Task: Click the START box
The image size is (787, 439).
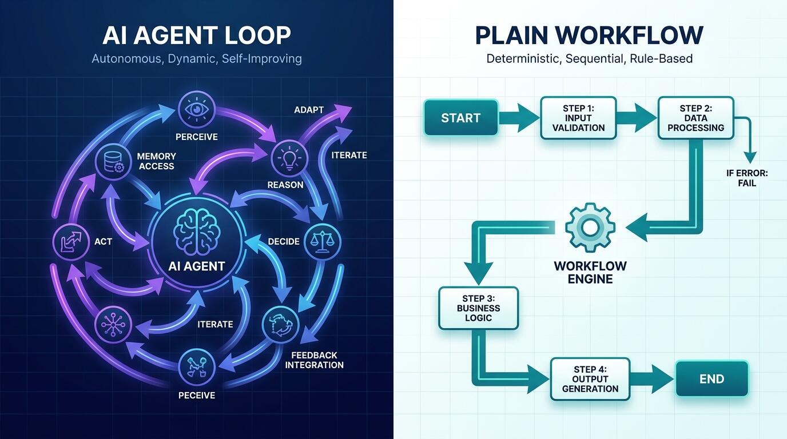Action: (461, 118)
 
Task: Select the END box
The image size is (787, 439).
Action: (712, 378)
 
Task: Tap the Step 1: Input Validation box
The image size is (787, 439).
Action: (578, 118)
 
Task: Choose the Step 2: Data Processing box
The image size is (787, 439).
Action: (695, 118)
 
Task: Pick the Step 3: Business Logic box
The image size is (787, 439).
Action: (479, 308)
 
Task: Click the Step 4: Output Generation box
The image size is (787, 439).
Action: (590, 379)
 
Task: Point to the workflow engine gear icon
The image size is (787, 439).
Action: (590, 228)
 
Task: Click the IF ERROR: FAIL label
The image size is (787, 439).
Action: (747, 178)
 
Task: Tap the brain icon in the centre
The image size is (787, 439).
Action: (197, 232)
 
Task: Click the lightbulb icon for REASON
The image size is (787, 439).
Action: (289, 158)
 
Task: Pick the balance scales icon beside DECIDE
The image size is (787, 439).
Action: (322, 241)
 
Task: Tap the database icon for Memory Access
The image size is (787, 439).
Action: (113, 162)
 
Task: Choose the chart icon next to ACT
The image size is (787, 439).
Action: (71, 241)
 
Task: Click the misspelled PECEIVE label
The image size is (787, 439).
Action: (197, 395)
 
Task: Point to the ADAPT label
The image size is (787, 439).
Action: (309, 110)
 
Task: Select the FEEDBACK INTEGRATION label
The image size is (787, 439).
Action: (314, 360)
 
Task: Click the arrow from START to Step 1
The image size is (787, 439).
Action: (519, 118)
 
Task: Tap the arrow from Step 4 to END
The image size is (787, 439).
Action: (652, 379)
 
